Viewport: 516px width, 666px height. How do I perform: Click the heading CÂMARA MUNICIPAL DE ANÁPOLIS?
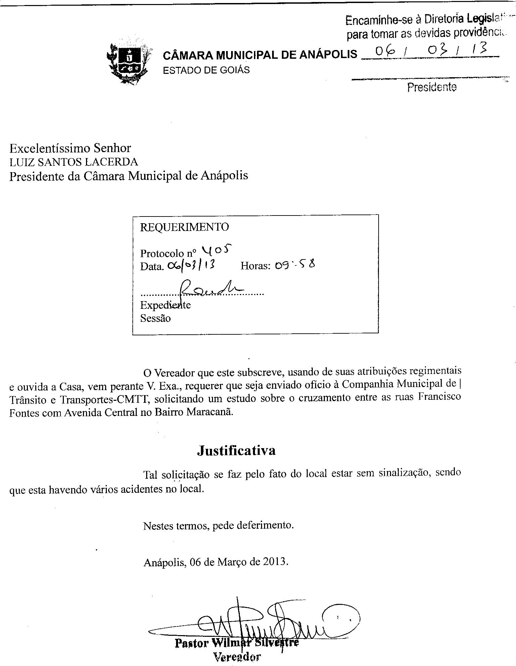pos(260,54)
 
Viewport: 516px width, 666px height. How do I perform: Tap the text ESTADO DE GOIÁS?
pos(206,70)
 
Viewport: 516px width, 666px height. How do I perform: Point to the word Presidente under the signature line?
pos(432,87)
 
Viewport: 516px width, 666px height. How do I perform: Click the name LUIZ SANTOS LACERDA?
pos(74,162)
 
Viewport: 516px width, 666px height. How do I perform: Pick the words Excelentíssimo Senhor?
pos(70,148)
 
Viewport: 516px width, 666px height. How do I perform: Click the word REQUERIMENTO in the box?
pos(184,227)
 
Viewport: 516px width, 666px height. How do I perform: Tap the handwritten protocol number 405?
pos(217,250)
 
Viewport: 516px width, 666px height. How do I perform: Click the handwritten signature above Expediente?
pos(212,289)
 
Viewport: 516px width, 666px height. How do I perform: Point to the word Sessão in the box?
pos(156,318)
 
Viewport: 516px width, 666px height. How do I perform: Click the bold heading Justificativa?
pos(236,450)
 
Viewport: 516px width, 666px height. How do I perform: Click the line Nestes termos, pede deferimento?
pos(218,525)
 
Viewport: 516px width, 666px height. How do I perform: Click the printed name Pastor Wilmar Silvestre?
pos(236,643)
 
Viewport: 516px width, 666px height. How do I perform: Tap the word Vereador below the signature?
pos(237,657)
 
